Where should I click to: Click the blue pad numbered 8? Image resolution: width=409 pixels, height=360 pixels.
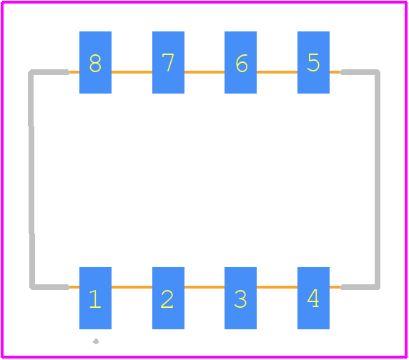click(95, 63)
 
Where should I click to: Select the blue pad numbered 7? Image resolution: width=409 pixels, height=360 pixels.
click(168, 63)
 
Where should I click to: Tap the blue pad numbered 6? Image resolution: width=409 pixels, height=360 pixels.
click(240, 63)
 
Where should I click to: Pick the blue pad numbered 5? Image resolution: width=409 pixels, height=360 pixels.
click(313, 63)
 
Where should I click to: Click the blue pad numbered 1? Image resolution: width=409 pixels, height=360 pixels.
click(95, 298)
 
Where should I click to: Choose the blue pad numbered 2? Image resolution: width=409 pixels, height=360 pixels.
click(168, 298)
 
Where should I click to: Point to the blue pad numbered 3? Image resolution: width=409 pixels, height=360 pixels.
click(240, 298)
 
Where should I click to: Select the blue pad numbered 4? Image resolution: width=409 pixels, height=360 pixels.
click(313, 298)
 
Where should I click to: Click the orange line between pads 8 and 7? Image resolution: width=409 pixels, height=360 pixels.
click(132, 72)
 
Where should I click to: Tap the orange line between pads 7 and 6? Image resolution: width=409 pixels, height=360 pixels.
click(204, 72)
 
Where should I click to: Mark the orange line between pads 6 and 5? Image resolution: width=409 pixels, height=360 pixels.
click(277, 72)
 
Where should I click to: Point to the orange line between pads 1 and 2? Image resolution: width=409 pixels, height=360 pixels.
click(132, 287)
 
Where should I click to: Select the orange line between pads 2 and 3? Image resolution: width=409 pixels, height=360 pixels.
click(204, 287)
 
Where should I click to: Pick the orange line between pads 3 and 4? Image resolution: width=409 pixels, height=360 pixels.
click(277, 287)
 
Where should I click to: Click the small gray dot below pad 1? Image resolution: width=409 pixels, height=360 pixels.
click(96, 341)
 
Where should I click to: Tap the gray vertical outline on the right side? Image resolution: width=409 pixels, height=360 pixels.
click(378, 179)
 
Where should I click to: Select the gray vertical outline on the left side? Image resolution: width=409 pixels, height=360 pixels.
click(31, 179)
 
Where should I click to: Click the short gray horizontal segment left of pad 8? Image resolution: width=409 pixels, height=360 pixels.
click(49, 72)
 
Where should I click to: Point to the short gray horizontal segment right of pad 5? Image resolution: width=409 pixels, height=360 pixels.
click(360, 72)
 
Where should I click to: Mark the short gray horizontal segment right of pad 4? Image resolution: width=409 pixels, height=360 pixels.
click(360, 287)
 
